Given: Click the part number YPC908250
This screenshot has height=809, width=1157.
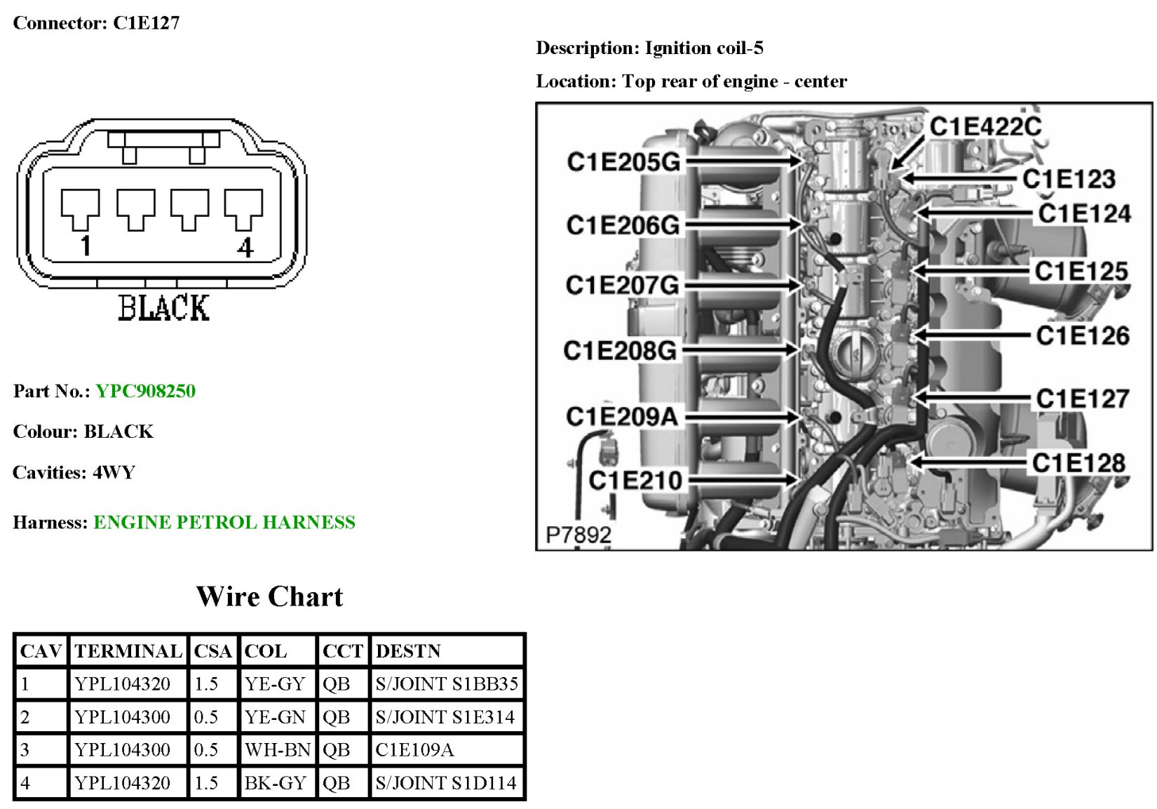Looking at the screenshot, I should (145, 391).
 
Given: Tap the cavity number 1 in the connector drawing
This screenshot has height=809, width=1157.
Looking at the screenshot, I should (86, 246).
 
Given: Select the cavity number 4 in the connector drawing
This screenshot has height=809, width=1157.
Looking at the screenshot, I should (245, 248).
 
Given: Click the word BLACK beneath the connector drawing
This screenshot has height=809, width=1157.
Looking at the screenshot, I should (163, 308).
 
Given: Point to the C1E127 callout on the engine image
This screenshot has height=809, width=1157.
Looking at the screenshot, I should (1083, 399).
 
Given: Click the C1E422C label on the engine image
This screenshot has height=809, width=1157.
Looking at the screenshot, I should (986, 126).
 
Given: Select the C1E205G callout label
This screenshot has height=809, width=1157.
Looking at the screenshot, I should (623, 162).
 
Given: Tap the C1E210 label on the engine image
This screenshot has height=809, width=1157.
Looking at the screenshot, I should (635, 481).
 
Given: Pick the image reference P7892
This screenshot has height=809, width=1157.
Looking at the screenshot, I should (578, 535).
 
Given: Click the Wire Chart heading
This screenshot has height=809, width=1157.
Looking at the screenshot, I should (269, 596).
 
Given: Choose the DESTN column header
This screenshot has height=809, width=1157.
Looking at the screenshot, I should (408, 651).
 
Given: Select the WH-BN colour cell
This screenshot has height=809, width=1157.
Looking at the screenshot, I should (277, 749).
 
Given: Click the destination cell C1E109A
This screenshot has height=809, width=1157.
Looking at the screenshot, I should (414, 749).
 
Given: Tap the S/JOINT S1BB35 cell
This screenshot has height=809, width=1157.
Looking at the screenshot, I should (447, 683).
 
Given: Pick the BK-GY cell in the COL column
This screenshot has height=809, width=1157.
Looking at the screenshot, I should (275, 782).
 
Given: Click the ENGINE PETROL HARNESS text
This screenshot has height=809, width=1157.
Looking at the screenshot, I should (224, 522).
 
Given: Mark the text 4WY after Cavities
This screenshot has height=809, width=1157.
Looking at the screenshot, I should (114, 472).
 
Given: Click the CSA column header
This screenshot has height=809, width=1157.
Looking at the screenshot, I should (212, 651).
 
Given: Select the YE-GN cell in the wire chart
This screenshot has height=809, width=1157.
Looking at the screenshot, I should (275, 716).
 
